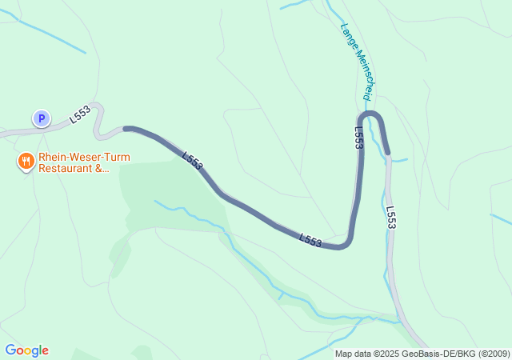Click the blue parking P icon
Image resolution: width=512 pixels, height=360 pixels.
click(41, 118)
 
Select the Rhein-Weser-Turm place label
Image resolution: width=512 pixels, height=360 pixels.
click(84, 158)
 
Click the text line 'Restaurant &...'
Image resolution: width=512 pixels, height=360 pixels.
click(74, 169)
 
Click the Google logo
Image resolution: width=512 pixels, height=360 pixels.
click(26, 350)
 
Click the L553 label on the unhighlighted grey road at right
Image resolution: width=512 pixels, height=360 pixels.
click(391, 218)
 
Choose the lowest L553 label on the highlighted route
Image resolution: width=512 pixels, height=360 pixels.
click(310, 240)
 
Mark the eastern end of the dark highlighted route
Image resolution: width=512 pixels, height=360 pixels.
click(387, 151)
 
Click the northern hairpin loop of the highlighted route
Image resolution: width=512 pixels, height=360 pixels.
click(373, 117)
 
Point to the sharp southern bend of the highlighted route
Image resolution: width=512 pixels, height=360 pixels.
click(346, 243)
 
